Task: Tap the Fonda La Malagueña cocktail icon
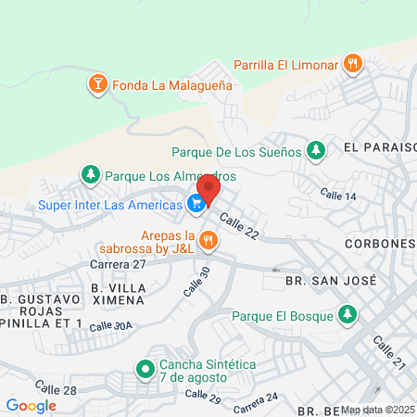pos(96,86)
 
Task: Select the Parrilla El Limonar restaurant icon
pos(352,64)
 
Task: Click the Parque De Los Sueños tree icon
pos(317,150)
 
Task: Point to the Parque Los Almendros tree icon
pos(90,174)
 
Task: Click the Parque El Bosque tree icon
pos(347,315)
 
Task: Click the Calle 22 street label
pos(239,227)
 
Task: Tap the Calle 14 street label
pos(338,196)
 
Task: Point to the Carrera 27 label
pos(119,264)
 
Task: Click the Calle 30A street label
pos(113,326)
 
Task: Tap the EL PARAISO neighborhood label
pos(380,147)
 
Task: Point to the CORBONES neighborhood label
pos(378,243)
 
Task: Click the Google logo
pos(31,405)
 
